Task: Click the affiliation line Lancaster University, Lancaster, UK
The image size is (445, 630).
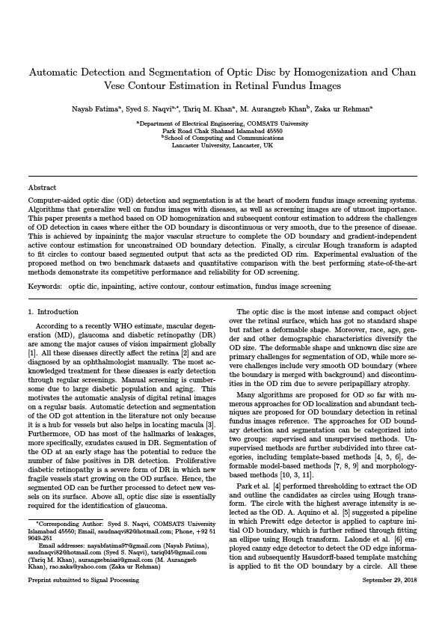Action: pyautogui.click(x=222, y=145)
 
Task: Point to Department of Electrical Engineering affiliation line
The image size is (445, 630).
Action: pyautogui.click(x=222, y=123)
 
